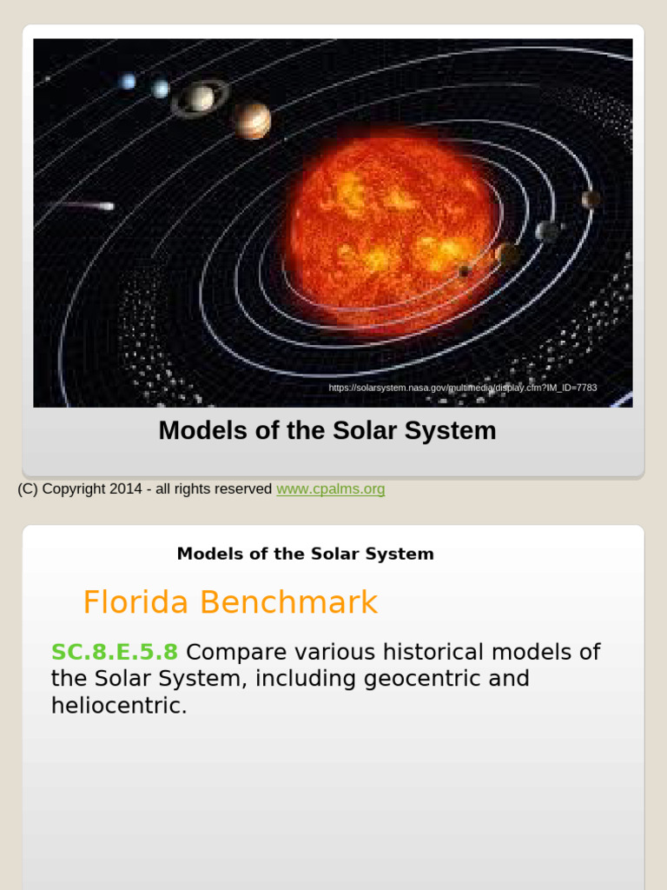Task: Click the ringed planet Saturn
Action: (200, 98)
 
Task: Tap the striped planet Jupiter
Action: (251, 120)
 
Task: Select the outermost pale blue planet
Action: (128, 82)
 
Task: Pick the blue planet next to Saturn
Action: (161, 89)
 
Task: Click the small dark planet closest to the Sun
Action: (465, 271)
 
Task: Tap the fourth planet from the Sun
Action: (591, 199)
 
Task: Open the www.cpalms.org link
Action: (331, 488)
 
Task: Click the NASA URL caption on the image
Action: (463, 388)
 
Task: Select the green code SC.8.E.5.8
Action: (115, 652)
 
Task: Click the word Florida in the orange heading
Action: (135, 601)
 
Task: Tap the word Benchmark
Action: (288, 601)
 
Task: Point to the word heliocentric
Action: (119, 706)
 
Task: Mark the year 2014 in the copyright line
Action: (126, 488)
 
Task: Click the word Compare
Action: (236, 653)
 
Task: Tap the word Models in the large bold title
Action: (203, 430)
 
